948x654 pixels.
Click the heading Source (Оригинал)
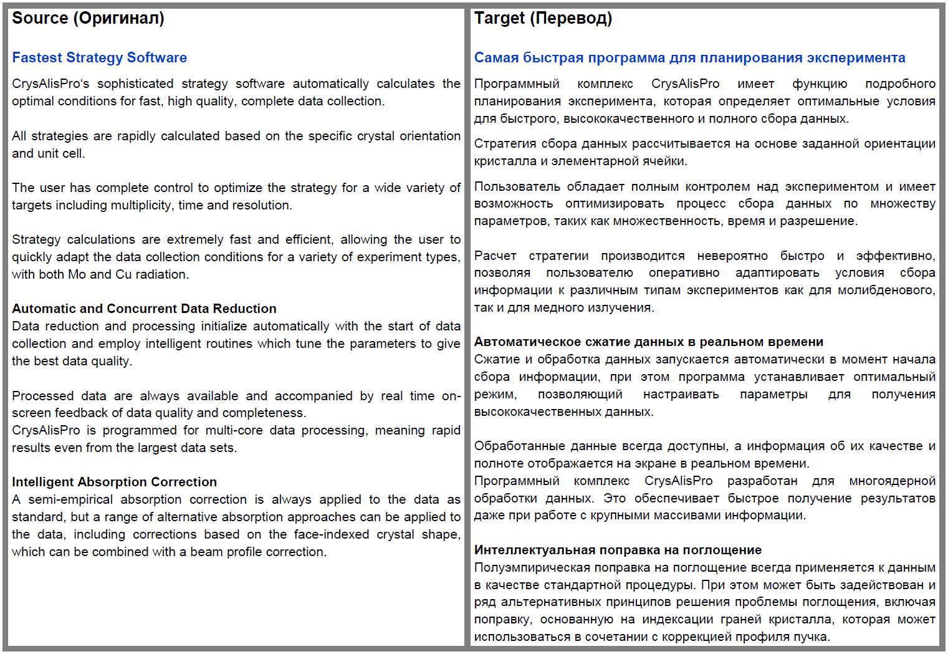88,18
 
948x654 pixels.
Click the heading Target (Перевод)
543,18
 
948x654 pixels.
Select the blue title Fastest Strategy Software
99,57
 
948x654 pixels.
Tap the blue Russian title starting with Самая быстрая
689,57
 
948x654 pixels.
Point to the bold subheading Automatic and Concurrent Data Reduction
144,309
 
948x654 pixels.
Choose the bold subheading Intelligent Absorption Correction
114,482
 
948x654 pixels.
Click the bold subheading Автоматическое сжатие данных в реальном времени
648,342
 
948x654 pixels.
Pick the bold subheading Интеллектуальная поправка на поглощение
618,550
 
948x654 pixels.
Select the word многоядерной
892,481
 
